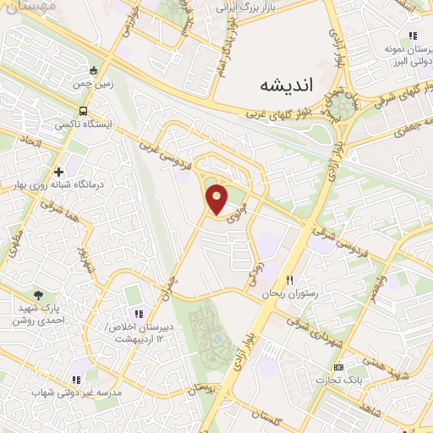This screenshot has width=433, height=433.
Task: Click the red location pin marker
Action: pyautogui.click(x=217, y=200)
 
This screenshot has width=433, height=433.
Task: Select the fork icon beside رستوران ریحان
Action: pyautogui.click(x=289, y=280)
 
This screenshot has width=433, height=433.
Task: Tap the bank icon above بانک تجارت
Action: pyautogui.click(x=339, y=367)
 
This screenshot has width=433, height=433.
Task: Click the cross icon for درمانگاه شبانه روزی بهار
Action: pyautogui.click(x=58, y=172)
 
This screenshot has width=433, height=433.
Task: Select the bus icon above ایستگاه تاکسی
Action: pyautogui.click(x=83, y=111)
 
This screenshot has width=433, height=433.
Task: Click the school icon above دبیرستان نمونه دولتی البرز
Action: pyautogui.click(x=412, y=36)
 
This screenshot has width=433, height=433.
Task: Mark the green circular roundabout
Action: pyautogui.click(x=343, y=105)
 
